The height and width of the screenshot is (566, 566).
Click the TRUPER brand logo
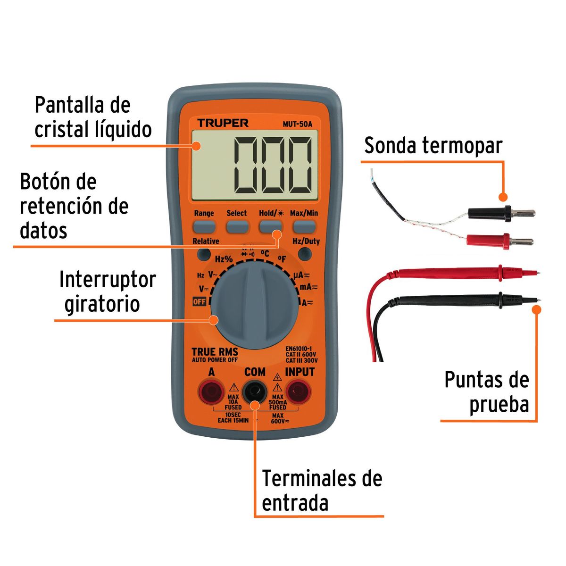pos(223,123)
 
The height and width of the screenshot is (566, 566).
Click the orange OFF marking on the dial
pos(200,301)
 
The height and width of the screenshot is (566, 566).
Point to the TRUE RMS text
pos(215,352)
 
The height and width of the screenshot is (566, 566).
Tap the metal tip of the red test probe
pos(534,272)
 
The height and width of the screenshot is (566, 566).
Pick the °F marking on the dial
pos(282,258)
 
